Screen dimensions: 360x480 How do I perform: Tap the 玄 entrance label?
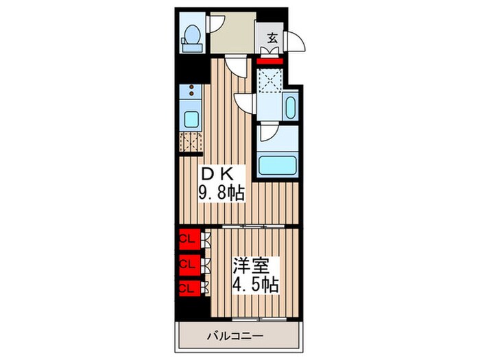pos(272,38)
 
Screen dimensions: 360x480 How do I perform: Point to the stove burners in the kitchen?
pos(191,92)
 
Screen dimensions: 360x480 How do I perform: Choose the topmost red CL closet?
pos(187,239)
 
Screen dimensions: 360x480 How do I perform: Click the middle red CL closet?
pos(187,263)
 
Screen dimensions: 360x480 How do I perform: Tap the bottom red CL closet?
pos(187,287)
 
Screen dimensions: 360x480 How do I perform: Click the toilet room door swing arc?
pos(216,22)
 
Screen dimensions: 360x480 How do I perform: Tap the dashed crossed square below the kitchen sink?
pos(191,143)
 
